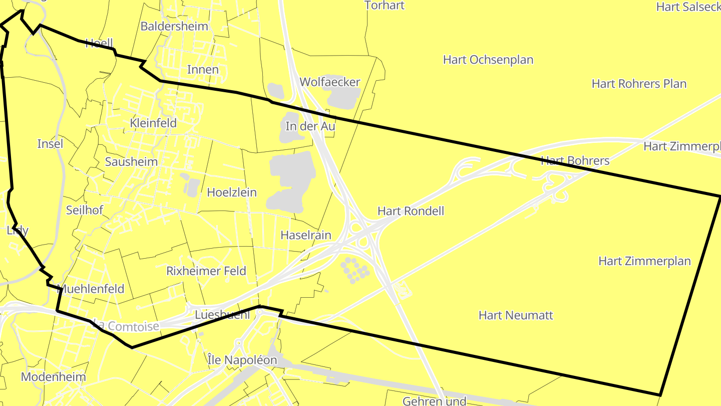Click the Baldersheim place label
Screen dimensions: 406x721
[x=174, y=26]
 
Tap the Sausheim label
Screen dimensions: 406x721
[x=131, y=161]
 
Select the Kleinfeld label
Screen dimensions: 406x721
[x=153, y=123]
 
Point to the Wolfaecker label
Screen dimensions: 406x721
[x=330, y=82]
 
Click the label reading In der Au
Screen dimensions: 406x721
[x=310, y=126]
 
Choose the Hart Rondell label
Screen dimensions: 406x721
[x=411, y=211]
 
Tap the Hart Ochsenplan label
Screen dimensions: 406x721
[x=488, y=60]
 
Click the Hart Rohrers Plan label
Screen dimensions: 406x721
[x=639, y=84]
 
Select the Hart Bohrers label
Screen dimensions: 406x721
[x=575, y=161]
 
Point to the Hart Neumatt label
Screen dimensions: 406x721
[x=516, y=315]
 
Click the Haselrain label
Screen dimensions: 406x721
[x=306, y=235]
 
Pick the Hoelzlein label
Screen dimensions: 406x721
[x=232, y=192]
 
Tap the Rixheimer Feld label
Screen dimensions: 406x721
[x=206, y=271]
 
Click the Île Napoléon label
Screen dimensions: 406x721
[x=242, y=360]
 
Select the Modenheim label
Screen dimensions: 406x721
[x=54, y=377]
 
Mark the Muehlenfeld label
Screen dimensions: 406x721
[x=91, y=289]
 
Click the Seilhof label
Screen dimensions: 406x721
[x=85, y=210]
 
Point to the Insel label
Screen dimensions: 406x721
[x=51, y=144]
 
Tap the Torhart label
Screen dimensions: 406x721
[x=385, y=6]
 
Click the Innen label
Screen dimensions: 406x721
[x=203, y=69]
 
